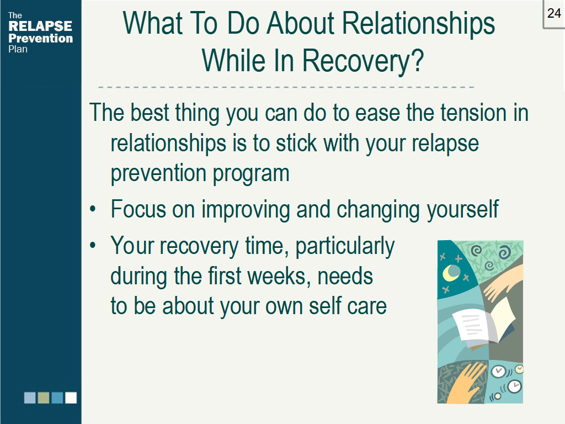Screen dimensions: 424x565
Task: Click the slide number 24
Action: [x=554, y=13]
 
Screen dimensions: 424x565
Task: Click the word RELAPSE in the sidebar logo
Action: [x=40, y=26]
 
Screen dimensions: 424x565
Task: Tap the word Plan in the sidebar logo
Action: [x=18, y=49]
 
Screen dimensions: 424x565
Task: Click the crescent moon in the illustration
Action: [x=453, y=272]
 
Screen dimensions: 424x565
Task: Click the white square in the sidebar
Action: [x=71, y=397]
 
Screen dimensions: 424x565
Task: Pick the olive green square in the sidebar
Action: [x=44, y=397]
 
